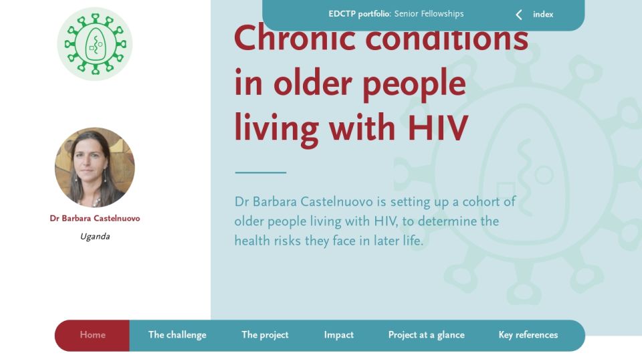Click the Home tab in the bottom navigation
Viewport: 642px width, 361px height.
92,335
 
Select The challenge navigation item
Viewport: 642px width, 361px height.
177,335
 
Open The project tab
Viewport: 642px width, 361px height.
265,335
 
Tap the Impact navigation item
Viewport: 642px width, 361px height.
338,335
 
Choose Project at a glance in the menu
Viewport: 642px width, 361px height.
426,335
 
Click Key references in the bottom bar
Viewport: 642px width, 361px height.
528,335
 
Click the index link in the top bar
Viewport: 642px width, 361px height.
543,14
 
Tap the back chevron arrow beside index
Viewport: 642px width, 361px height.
519,15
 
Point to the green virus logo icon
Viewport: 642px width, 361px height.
95,44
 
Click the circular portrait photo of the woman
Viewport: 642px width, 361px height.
94,167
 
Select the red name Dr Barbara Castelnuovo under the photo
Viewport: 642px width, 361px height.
95,218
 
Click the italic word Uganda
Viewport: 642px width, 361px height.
95,236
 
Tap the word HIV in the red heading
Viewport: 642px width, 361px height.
437,128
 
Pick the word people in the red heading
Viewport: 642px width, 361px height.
415,85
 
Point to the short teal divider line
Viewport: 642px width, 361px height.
260,172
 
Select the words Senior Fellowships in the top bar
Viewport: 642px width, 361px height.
429,13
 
